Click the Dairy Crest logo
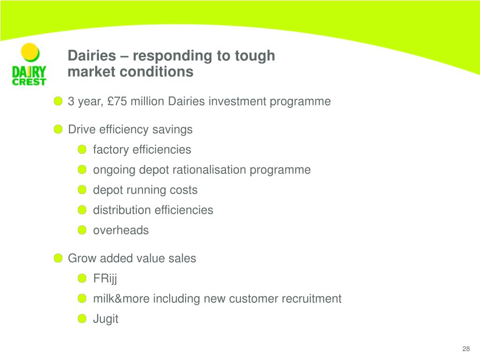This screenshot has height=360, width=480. (x=29, y=65)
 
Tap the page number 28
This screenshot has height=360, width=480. (x=465, y=349)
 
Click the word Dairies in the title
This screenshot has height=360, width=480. (x=92, y=56)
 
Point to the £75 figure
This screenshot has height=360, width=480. (x=117, y=101)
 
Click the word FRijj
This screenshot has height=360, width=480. (x=105, y=278)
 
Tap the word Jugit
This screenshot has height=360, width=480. (x=105, y=319)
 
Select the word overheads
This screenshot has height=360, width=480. (x=121, y=230)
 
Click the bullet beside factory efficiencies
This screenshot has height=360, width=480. (x=82, y=150)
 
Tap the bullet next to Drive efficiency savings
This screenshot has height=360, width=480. (x=58, y=129)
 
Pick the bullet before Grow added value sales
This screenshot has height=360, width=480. (x=58, y=258)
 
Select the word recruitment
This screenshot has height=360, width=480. (x=311, y=299)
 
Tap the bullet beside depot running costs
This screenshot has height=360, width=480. (x=82, y=190)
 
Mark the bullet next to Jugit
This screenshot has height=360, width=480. (x=82, y=319)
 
